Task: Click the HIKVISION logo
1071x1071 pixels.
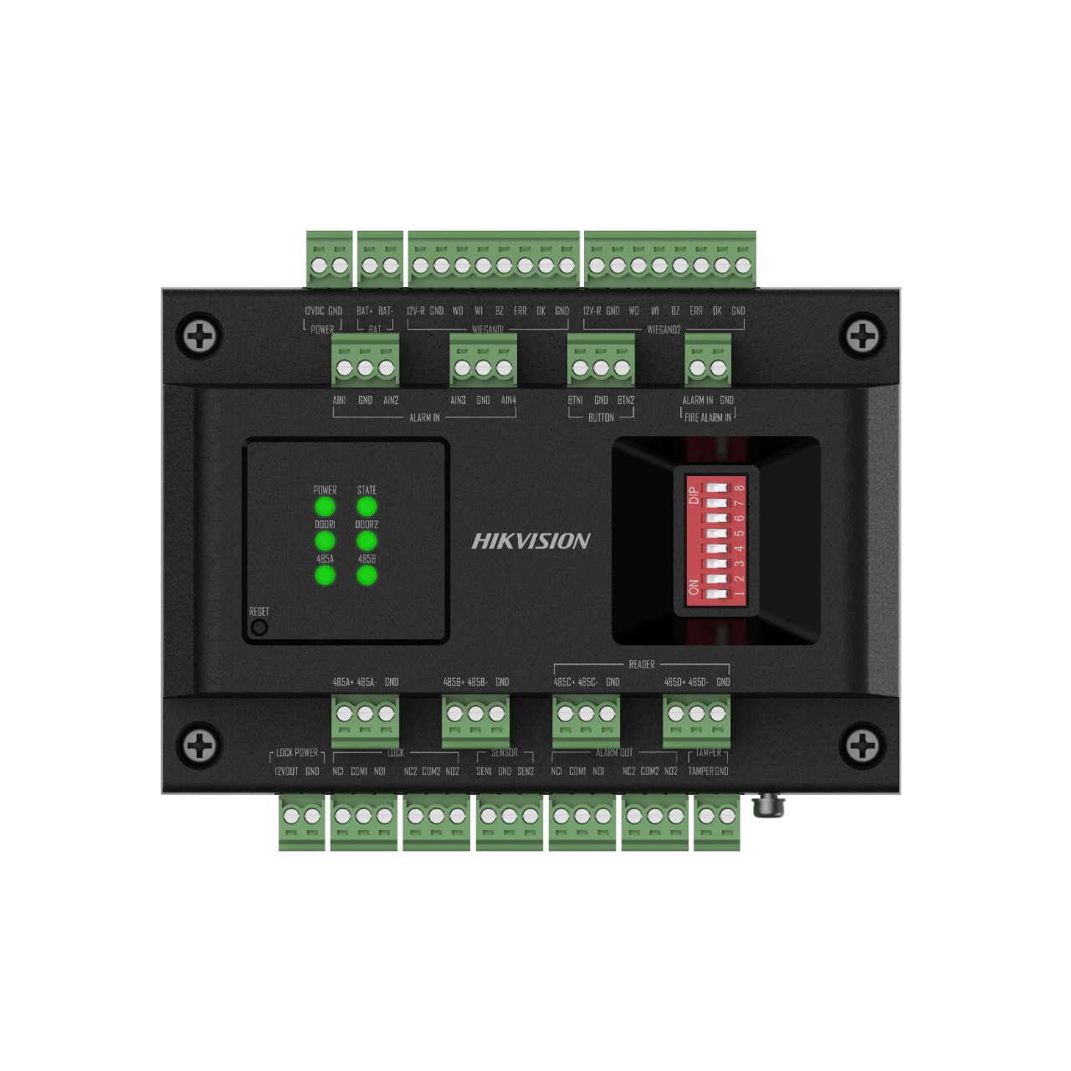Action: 531,541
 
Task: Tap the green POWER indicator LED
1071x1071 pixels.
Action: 325,506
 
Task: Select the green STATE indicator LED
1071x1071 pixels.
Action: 366,506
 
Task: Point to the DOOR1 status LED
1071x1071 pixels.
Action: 325,541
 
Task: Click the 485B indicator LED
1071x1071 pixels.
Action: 366,575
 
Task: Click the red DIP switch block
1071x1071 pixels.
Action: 716,541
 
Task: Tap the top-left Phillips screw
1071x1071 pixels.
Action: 200,336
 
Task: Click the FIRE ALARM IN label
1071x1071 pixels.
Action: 708,418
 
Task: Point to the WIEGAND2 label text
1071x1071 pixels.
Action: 664,330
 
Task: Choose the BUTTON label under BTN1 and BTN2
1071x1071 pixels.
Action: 601,418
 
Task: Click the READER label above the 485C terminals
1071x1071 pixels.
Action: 642,664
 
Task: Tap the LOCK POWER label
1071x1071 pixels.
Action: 297,753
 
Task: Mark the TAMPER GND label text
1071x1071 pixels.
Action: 708,771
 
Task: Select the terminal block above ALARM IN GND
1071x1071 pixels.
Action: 708,361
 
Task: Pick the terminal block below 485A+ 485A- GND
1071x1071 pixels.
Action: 365,720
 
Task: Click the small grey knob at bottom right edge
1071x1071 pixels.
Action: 769,807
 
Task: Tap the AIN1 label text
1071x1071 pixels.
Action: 339,400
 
